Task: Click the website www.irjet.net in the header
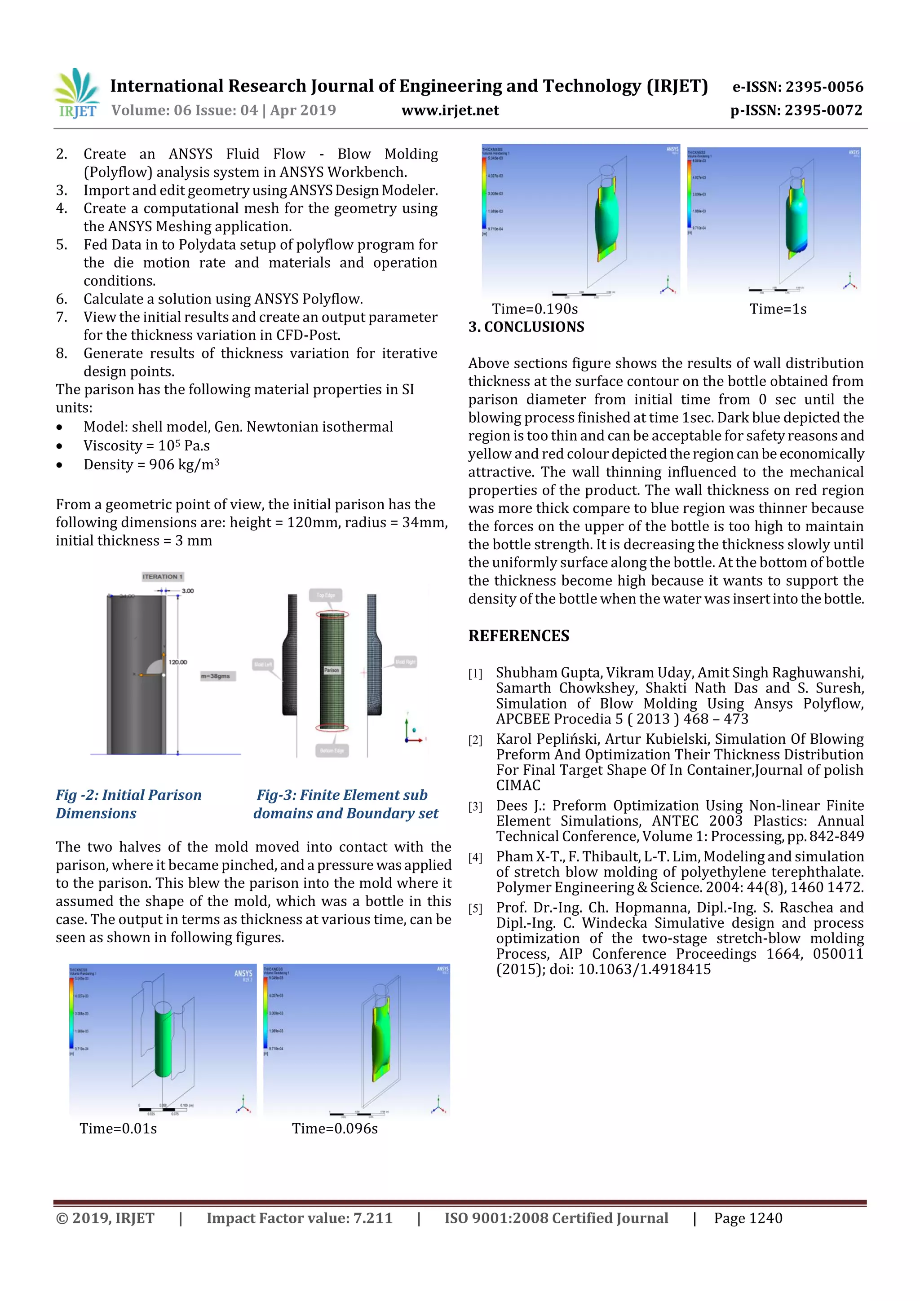(x=450, y=110)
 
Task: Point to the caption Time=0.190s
(x=535, y=309)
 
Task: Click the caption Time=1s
(x=777, y=309)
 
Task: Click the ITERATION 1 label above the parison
(x=163, y=576)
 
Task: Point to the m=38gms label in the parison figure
(x=216, y=676)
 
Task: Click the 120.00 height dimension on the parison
(x=177, y=662)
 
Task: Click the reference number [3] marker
(x=475, y=806)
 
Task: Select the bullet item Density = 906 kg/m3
(x=151, y=465)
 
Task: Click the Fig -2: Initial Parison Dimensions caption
(x=128, y=803)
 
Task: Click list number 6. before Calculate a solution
(x=62, y=299)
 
